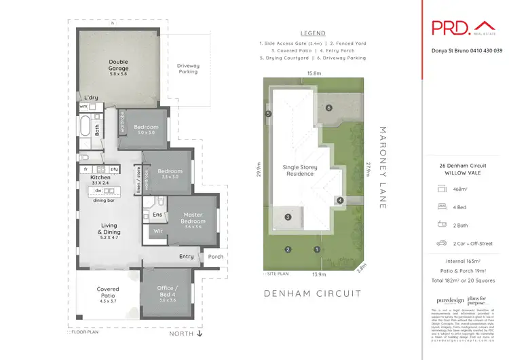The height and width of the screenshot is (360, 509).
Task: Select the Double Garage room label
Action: (119, 65)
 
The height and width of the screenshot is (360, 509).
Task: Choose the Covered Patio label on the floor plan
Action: (107, 292)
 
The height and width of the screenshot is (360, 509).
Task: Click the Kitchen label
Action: (100, 178)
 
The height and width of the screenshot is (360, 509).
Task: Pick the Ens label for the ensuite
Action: (157, 215)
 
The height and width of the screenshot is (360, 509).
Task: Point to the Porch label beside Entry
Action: (215, 257)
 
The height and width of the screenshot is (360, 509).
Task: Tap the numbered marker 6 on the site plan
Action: (328, 108)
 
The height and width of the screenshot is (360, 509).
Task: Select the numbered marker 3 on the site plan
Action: (288, 217)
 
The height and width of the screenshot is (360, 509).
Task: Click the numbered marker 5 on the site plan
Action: (269, 114)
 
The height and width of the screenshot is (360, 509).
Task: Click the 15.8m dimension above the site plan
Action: (314, 73)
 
